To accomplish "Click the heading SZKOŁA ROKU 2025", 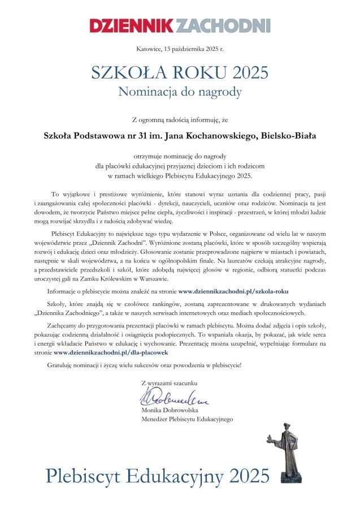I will point(180,73).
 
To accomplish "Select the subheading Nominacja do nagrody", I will point(180,91).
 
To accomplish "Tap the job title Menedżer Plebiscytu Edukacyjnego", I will point(186,419).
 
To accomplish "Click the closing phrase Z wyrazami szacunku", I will point(171,383).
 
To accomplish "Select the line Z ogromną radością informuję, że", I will point(180,119).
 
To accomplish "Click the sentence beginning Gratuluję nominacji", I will point(144,365).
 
